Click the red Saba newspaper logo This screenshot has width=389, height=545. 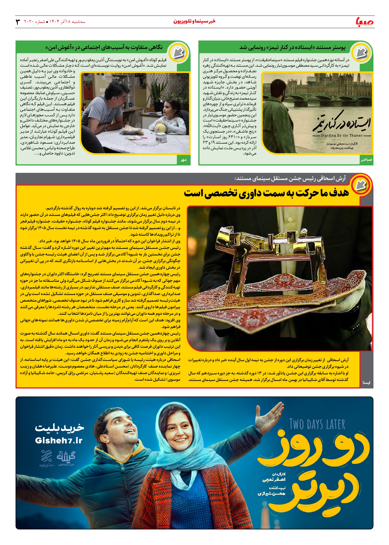[365, 22]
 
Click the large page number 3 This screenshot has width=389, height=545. [18, 22]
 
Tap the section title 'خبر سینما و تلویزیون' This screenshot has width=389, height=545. [194, 21]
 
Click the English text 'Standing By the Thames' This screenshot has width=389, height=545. [342, 136]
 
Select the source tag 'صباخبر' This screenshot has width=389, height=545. [366, 160]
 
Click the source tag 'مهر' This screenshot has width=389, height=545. [184, 160]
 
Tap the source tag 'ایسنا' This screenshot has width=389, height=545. [366, 382]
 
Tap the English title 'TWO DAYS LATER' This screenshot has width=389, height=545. [317, 425]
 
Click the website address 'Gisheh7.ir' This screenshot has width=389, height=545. [59, 440]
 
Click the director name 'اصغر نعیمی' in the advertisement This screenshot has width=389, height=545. [274, 480]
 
